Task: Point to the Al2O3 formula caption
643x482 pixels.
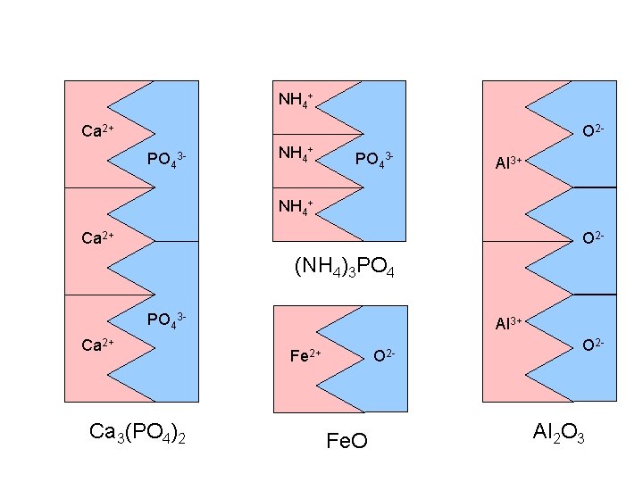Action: (558, 434)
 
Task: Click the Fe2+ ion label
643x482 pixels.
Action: (306, 355)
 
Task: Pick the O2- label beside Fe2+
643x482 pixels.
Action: (385, 355)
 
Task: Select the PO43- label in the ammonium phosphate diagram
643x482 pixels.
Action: (374, 160)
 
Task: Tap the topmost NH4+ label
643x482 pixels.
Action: (296, 98)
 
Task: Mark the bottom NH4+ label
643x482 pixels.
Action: (296, 207)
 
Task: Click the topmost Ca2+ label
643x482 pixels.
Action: (97, 131)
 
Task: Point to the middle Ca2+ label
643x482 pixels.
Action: (97, 238)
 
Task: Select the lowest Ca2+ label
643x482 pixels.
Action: (97, 344)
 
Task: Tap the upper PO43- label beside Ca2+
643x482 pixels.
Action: (166, 160)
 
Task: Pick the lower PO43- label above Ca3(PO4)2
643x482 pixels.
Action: (166, 319)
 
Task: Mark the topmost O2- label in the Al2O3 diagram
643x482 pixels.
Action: (594, 131)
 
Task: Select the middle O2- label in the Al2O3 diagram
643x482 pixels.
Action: (594, 238)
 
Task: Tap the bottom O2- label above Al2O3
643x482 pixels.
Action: (594, 344)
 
